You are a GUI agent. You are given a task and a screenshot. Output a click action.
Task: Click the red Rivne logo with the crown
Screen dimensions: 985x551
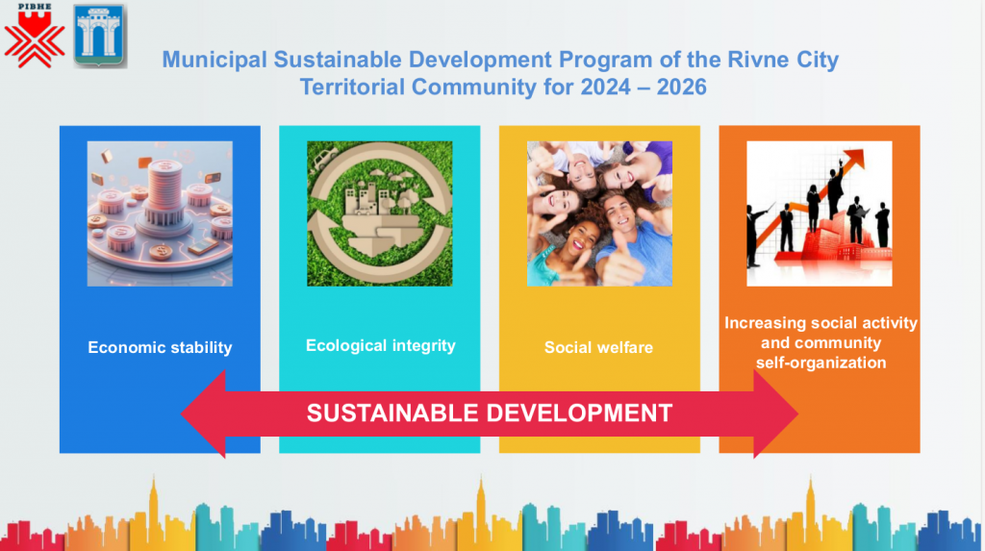point(35,36)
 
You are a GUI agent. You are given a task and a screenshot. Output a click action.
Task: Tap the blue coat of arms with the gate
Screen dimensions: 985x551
point(100,36)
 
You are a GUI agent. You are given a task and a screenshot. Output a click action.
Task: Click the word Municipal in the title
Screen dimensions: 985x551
point(215,60)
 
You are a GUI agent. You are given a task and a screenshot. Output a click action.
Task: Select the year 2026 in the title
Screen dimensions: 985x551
point(682,87)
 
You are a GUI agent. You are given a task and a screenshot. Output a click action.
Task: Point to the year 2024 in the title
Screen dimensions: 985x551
point(606,87)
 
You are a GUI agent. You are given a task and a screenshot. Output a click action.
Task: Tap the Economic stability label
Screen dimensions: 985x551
point(160,347)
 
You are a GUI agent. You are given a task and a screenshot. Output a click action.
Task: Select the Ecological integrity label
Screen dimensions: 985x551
point(381,345)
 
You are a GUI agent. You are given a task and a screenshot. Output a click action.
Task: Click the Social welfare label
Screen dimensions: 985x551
point(598,347)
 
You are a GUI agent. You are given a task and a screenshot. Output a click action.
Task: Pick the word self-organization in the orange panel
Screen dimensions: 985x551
point(821,363)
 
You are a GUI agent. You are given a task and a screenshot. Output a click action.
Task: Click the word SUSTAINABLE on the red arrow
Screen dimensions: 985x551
point(392,413)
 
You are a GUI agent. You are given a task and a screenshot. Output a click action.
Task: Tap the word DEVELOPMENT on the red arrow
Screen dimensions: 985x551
point(579,413)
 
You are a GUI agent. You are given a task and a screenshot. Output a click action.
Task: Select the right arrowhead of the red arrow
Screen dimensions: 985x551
point(775,414)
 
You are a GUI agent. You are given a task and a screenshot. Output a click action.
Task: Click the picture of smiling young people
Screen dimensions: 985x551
point(599,213)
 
